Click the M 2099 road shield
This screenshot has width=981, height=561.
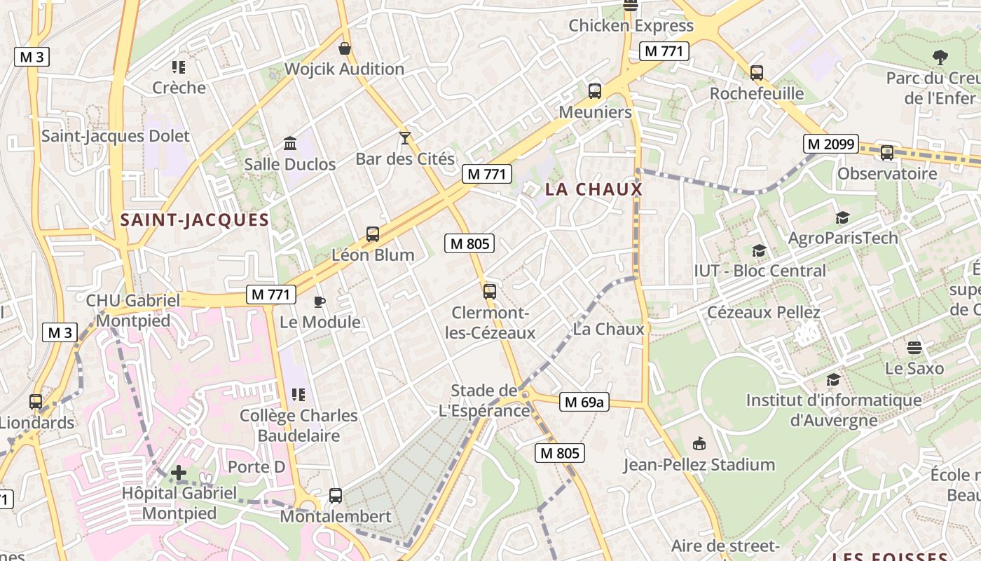830,144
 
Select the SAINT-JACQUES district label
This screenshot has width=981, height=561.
195,219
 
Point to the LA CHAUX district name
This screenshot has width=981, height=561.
594,189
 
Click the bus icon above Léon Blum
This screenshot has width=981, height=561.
373,234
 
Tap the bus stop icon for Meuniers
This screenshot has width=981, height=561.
595,90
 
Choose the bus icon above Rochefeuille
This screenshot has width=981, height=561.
756,72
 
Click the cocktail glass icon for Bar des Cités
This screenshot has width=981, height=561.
404,137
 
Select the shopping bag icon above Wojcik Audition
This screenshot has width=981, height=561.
344,48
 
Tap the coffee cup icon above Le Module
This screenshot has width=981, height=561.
320,302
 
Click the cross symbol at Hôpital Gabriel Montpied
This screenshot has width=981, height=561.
179,473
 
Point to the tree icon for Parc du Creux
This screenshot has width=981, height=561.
940,58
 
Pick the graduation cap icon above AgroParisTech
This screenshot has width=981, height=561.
842,218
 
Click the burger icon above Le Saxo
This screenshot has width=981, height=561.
914,348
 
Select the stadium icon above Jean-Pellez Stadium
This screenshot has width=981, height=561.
699,443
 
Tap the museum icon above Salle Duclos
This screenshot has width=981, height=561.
289,144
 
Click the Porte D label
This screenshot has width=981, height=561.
256,466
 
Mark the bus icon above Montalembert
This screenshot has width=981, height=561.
336,496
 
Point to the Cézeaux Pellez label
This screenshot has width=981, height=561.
763,312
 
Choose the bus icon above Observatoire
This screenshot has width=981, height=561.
886,152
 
